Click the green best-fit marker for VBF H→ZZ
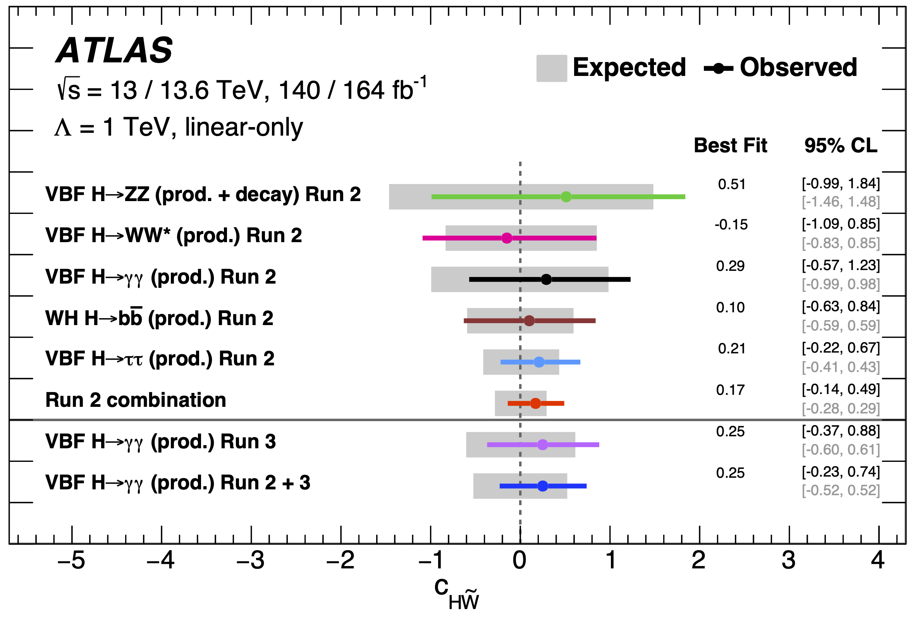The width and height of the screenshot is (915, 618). click(x=566, y=196)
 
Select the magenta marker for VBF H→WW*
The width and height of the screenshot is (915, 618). click(x=507, y=238)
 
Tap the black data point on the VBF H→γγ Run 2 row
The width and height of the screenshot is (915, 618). click(x=546, y=279)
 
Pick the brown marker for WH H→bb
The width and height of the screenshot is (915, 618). click(x=529, y=320)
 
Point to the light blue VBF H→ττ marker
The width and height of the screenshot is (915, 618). click(x=539, y=362)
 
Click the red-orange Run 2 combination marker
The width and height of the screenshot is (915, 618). click(x=535, y=403)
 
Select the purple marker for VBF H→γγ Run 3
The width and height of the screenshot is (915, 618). click(x=543, y=445)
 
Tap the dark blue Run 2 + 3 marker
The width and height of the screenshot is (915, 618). click(x=543, y=486)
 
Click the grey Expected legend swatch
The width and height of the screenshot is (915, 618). click(x=552, y=68)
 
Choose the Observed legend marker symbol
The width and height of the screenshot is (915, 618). click(x=719, y=68)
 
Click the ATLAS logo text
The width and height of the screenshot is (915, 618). click(x=114, y=50)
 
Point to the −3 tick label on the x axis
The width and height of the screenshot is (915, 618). click(x=251, y=561)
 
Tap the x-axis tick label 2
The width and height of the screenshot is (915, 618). click(x=699, y=561)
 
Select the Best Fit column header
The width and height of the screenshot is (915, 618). click(x=730, y=145)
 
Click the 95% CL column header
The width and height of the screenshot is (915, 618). click(x=841, y=145)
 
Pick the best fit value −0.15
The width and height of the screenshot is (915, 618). click(x=731, y=224)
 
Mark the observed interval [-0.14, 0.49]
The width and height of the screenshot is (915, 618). click(x=841, y=389)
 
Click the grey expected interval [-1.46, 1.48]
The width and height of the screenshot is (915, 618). click(x=841, y=201)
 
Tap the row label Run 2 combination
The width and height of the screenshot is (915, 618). click(x=136, y=400)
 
